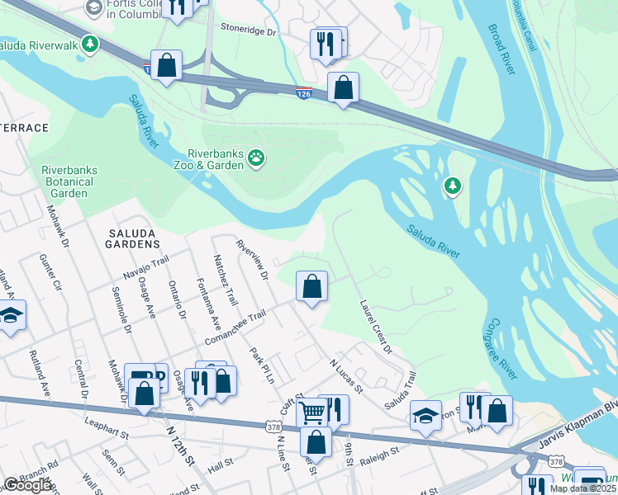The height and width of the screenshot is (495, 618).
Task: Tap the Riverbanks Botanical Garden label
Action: point(69,181)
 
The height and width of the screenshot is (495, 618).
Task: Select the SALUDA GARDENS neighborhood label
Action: point(133,238)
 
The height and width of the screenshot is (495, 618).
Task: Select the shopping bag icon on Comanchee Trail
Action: point(311,287)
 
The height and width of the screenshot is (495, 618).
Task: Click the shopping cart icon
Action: point(311,410)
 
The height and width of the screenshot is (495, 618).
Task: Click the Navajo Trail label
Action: point(145,265)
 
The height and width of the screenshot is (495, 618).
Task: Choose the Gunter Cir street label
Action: point(50,273)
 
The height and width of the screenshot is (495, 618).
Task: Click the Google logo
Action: point(27,485)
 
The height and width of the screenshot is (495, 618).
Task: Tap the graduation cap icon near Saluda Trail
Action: point(425,414)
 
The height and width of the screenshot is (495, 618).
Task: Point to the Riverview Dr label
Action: point(253,259)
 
